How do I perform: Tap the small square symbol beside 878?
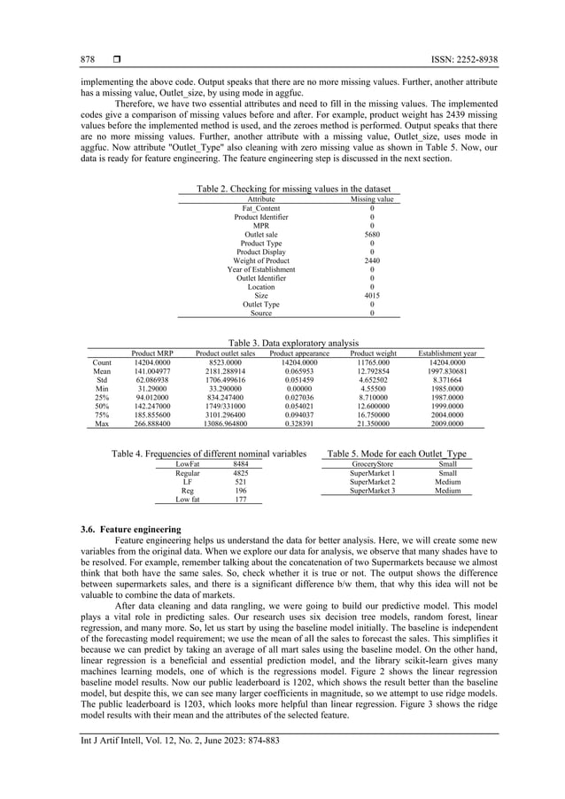click(x=115, y=59)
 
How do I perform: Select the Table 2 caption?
click(x=292, y=189)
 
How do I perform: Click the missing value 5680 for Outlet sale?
click(x=372, y=234)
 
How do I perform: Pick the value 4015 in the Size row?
click(x=372, y=295)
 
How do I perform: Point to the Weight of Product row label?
click(x=261, y=260)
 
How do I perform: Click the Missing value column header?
click(x=372, y=199)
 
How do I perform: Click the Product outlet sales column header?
click(x=225, y=353)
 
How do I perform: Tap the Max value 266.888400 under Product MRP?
click(x=152, y=424)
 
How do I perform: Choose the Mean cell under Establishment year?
click(x=446, y=371)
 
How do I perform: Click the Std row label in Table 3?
click(x=102, y=380)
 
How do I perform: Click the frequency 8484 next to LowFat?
click(x=240, y=463)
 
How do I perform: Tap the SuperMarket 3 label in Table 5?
click(x=372, y=491)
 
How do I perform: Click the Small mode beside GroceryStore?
click(x=448, y=463)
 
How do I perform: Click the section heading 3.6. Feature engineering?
click(x=130, y=530)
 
